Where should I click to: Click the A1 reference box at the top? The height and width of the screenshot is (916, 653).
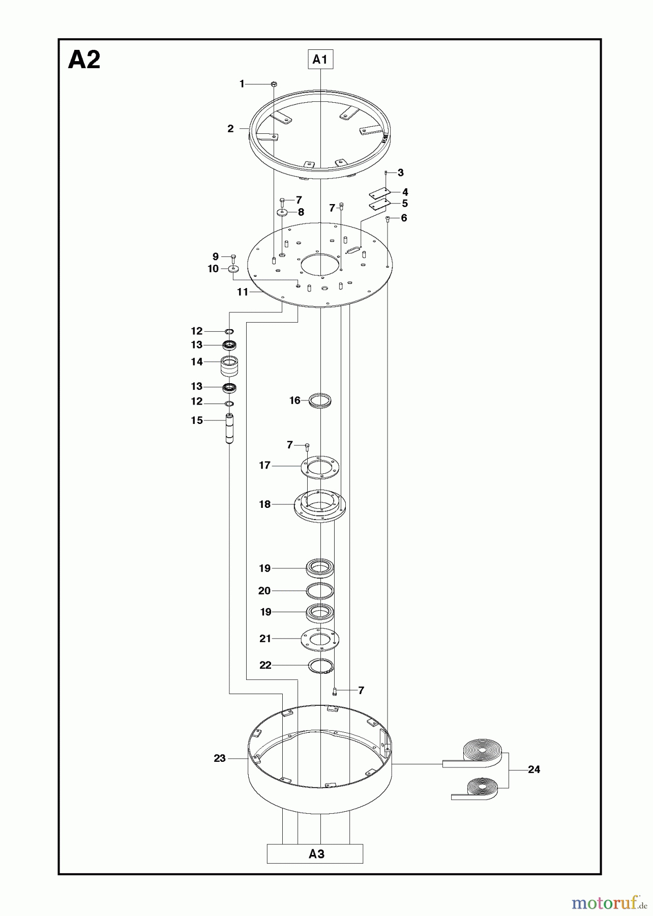320,60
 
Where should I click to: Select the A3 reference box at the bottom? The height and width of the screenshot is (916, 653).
315,854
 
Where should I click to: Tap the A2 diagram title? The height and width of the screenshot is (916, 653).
84,60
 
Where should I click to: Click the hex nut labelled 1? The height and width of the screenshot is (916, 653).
274,83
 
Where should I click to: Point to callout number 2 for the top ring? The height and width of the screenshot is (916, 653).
230,129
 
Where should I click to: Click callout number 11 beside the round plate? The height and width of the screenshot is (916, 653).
243,292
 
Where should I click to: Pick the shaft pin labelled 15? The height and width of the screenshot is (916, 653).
229,428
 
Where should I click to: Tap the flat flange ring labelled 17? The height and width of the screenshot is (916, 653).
320,466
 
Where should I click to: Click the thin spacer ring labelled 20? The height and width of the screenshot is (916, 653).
320,591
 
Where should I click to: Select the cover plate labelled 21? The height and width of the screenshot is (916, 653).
320,639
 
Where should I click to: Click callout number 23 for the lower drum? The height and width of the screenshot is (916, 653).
220,758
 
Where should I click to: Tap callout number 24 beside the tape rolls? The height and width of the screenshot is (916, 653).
534,769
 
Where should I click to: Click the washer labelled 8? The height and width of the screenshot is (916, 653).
283,212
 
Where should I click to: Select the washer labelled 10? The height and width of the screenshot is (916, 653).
234,268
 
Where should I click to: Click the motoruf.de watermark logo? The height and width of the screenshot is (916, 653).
605,903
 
